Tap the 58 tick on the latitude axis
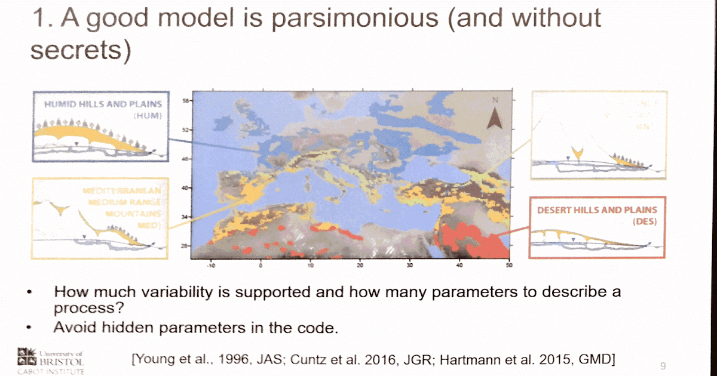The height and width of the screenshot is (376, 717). pyautogui.click(x=185, y=101)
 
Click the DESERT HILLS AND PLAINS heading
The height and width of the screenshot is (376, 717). pyautogui.click(x=596, y=210)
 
